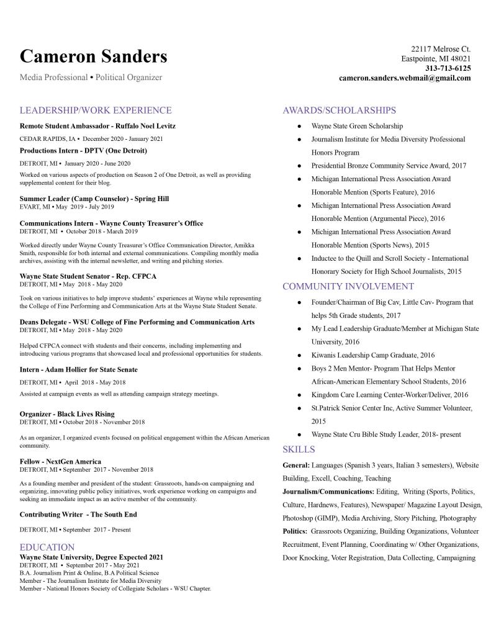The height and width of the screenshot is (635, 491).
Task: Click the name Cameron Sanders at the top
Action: (93, 56)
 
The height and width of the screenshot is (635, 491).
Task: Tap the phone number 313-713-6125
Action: (448, 68)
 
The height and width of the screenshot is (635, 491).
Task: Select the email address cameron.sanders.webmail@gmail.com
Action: (405, 78)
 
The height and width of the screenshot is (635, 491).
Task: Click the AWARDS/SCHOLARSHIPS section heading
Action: (339, 110)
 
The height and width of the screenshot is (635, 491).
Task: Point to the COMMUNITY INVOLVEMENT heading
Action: (348, 286)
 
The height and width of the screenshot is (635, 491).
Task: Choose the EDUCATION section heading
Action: (47, 547)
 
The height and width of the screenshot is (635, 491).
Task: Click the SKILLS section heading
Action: (299, 449)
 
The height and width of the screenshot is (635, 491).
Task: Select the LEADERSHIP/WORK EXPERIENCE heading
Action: (96, 110)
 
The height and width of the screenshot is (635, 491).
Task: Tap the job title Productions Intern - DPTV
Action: (83, 150)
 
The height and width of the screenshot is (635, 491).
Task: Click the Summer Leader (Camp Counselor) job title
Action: (94, 199)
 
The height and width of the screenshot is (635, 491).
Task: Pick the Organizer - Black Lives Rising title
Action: (67, 413)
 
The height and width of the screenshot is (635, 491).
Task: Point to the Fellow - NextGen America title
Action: (60, 461)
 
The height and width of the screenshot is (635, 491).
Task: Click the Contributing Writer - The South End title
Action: (78, 514)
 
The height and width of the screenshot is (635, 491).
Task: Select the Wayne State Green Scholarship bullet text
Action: (357, 126)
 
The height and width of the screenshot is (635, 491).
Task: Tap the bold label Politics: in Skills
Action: (295, 531)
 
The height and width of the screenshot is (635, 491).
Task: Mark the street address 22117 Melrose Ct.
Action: (441, 48)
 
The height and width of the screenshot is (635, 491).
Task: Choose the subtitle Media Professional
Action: (53, 78)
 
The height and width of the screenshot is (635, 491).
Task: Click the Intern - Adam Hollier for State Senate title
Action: (79, 369)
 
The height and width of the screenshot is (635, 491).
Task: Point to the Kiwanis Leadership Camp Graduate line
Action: (372, 355)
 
